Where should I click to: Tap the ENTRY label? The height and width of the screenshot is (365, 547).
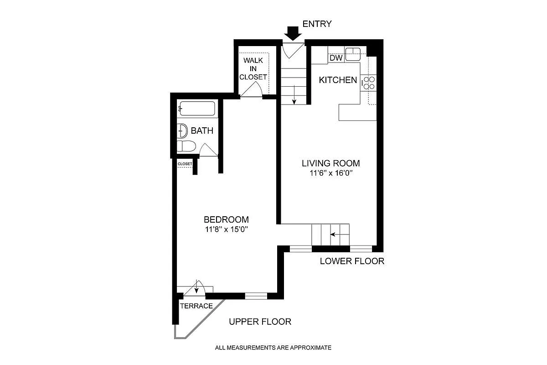tap(317, 24)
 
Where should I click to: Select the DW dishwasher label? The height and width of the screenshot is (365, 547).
tap(335, 58)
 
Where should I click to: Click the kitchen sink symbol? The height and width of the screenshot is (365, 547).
tap(353, 54)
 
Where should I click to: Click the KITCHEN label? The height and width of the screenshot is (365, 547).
tap(338, 80)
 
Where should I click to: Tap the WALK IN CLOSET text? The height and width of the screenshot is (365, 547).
tap(254, 68)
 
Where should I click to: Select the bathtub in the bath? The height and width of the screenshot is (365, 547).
tap(196, 109)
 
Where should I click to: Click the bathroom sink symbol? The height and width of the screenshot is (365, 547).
tap(182, 131)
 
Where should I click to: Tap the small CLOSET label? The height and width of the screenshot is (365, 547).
tap(185, 164)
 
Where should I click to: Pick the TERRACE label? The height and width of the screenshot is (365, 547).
tap(196, 306)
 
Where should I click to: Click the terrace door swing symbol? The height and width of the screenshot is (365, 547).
tap(197, 287)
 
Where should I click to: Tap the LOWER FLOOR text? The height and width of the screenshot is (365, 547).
tap(352, 261)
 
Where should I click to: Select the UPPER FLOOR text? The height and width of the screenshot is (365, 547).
tap(260, 322)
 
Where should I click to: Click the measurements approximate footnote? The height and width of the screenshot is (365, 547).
tap(273, 348)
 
